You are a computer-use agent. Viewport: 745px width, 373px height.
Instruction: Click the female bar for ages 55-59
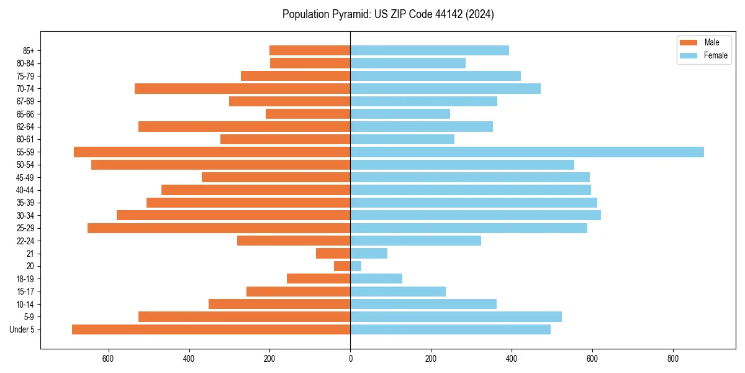526,152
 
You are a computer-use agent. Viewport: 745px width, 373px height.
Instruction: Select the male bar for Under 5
211,329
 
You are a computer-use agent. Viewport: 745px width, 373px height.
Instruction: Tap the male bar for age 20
342,266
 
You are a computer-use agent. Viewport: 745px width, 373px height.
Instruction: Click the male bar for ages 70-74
242,88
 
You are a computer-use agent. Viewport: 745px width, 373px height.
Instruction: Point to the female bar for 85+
430,50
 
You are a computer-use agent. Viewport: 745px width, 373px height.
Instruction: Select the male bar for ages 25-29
219,228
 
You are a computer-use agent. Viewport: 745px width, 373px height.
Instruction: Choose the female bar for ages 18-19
376,279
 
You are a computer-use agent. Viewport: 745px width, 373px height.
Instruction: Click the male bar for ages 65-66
308,114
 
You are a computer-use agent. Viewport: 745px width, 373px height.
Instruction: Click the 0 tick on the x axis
350,359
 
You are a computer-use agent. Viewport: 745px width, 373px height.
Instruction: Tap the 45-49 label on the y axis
25,177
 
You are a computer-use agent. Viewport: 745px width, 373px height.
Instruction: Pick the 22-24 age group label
25,241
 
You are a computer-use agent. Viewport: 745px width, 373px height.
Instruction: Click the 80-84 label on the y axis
25,63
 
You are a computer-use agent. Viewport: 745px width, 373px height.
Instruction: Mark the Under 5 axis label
22,329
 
